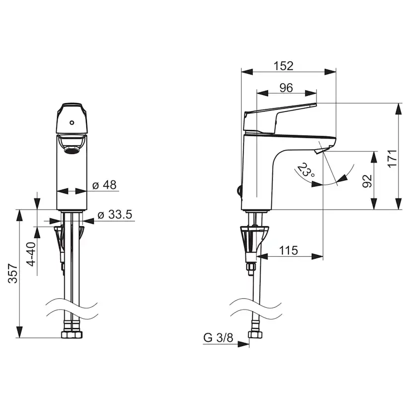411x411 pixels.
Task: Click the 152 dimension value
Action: point(283,66)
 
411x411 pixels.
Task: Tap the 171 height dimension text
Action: point(393,158)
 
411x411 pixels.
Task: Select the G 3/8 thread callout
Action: point(218,338)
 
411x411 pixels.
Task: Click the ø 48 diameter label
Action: point(104,185)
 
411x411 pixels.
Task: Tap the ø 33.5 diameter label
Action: point(114,215)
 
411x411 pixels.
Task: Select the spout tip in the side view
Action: point(320,149)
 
